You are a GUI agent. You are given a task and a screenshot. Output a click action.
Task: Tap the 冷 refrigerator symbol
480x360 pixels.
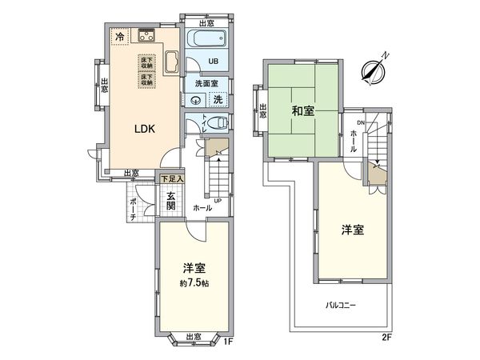[x=119, y=37]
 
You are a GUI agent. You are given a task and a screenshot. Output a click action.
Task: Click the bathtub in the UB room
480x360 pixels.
[x=207, y=41]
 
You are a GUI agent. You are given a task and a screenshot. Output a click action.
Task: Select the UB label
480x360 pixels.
[x=214, y=61]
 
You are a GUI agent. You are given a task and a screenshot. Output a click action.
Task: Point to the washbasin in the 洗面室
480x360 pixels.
[x=196, y=100]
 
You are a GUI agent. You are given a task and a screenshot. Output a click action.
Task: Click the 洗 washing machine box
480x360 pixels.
[x=218, y=100]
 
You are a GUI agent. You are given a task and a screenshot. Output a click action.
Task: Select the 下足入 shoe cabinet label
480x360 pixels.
[x=171, y=180]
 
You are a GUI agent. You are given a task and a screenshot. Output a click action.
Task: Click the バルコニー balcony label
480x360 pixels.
[x=341, y=306]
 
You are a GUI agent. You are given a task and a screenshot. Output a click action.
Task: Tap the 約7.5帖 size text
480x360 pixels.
[x=195, y=282]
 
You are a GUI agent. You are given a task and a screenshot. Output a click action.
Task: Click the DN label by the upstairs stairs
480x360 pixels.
[x=360, y=122]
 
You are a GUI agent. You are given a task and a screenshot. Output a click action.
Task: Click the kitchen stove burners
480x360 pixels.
[x=146, y=34]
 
